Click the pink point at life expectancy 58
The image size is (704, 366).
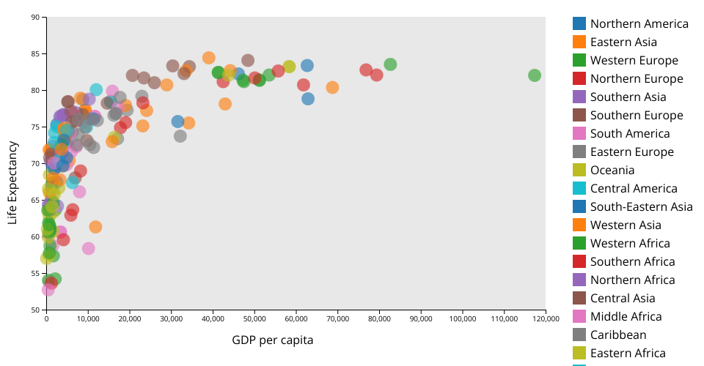[x=89, y=249]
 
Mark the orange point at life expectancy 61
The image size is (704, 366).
[x=95, y=227]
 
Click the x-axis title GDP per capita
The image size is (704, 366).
[x=273, y=340]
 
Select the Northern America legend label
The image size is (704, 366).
[x=639, y=23]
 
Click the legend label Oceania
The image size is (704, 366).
[x=612, y=170]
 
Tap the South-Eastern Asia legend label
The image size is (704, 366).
[x=642, y=206]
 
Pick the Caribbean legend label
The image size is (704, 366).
[x=618, y=335]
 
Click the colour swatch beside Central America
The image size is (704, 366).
[x=579, y=188]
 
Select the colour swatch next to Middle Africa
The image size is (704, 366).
[x=579, y=316]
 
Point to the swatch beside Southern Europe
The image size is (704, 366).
[x=579, y=115]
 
